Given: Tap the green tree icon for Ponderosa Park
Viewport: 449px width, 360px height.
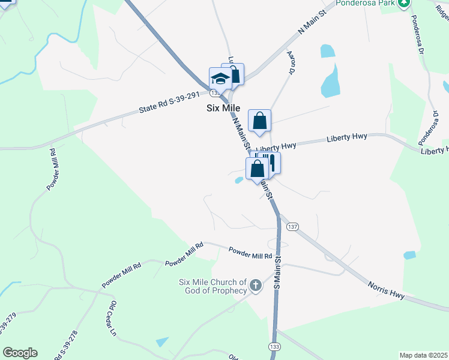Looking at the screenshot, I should (405, 3).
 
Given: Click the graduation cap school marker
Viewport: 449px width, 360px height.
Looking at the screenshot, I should (220, 79).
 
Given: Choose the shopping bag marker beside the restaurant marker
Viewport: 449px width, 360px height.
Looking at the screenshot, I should (256, 169).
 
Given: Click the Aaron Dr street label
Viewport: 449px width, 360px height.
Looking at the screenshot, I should (292, 62).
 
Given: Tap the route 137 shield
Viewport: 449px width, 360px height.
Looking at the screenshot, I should (292, 226).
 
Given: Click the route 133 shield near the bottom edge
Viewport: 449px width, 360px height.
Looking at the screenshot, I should (275, 348).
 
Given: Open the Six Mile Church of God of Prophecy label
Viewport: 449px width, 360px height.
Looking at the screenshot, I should (212, 287).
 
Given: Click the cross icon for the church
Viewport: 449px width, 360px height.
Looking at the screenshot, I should (256, 286).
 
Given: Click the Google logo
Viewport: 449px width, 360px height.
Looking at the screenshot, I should (20, 353).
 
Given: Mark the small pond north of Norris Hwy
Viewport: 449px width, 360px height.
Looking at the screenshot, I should (409, 255).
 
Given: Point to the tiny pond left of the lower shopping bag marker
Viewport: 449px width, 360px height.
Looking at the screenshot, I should (238, 180).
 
